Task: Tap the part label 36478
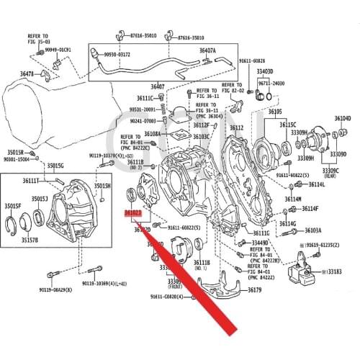click(x=27, y=74)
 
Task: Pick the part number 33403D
click(x=264, y=72)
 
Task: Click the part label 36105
click(x=275, y=112)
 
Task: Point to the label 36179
click(x=256, y=289)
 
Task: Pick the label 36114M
click(x=293, y=199)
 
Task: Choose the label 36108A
click(x=152, y=134)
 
